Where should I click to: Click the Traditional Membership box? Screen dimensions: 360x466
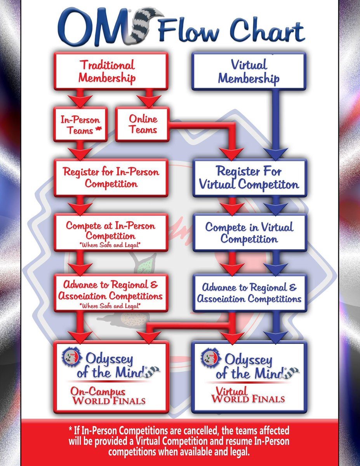click(111, 71)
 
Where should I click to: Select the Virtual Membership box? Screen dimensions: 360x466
click(249, 71)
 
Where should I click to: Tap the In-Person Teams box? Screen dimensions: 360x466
click(80, 125)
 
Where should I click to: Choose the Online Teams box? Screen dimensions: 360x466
click(143, 125)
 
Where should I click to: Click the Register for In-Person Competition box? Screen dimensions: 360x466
click(111, 178)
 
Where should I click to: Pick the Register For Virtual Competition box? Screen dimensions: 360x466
click(250, 178)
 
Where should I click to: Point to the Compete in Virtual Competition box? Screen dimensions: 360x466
click(250, 233)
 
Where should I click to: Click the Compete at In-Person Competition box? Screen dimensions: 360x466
click(111, 233)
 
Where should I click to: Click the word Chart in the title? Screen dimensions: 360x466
click(268, 31)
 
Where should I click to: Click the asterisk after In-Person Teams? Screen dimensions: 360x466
click(98, 129)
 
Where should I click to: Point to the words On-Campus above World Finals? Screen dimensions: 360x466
click(98, 391)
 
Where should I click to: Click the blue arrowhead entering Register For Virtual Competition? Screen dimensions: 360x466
click(276, 154)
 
